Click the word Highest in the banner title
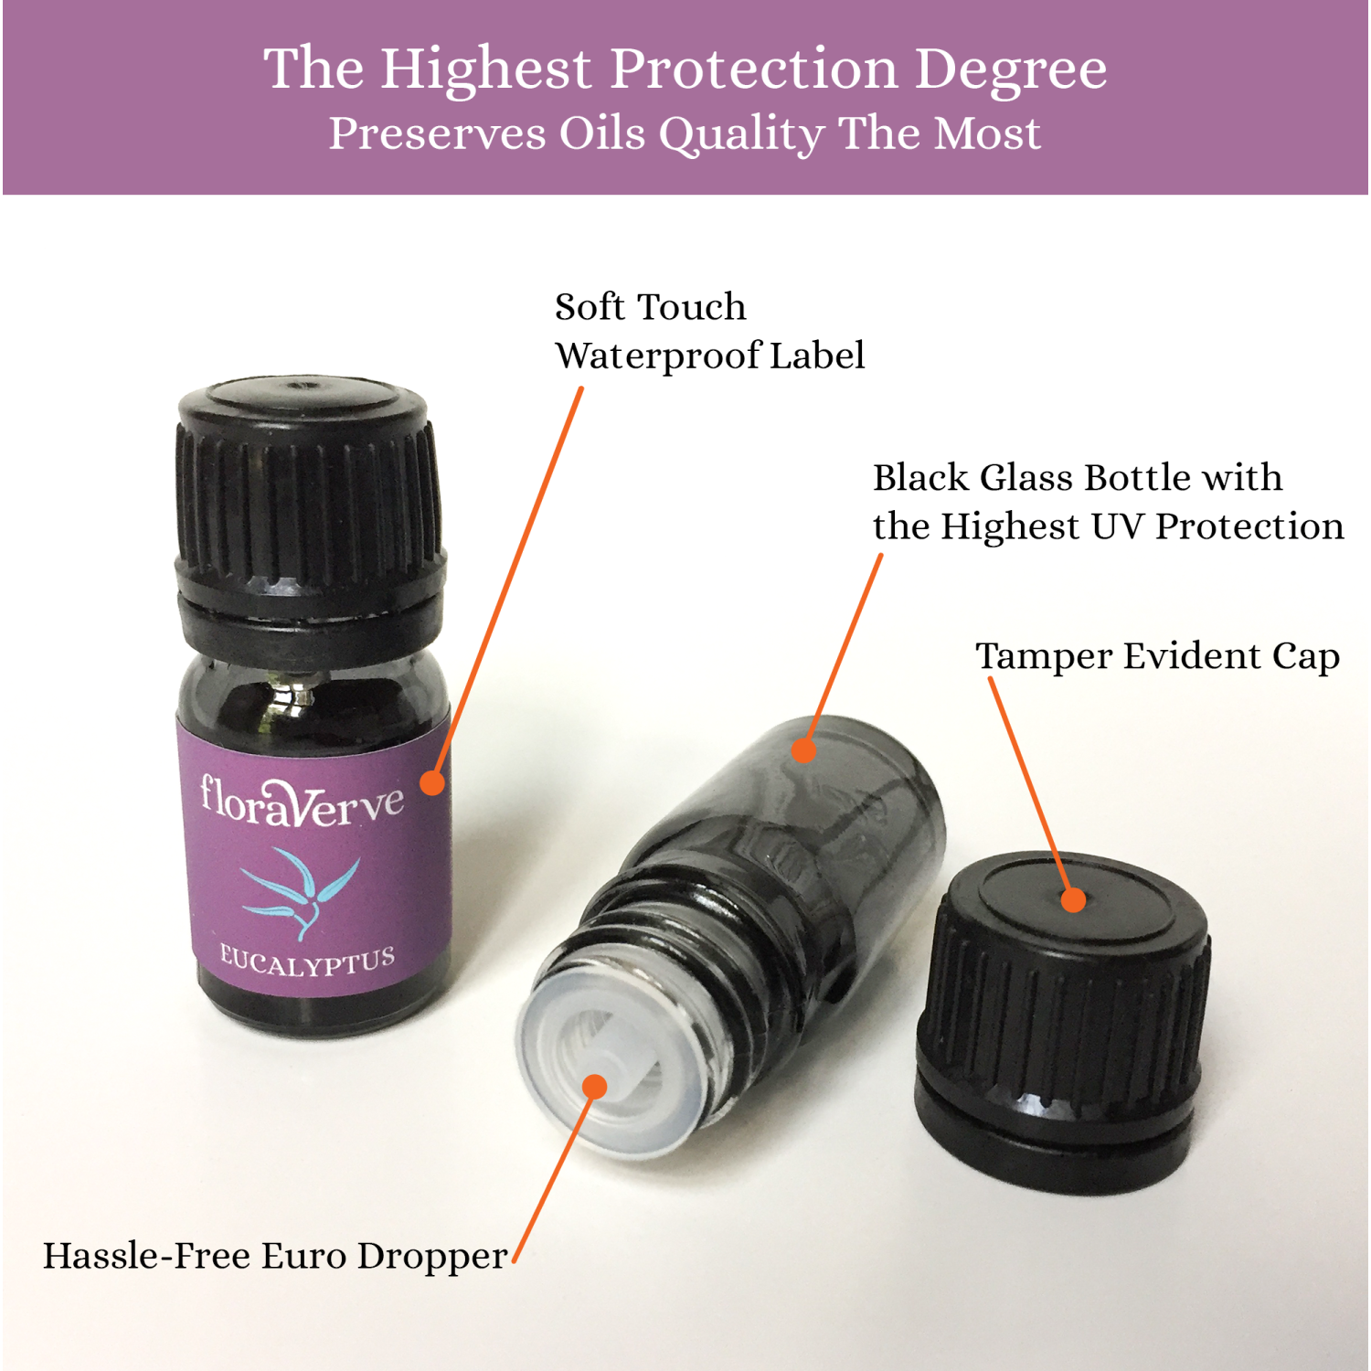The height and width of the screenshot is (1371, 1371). [487, 69]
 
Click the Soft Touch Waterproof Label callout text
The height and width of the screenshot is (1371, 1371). [709, 332]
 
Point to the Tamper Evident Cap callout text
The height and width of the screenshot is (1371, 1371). [1158, 657]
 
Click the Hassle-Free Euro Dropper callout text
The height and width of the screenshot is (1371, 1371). [275, 1257]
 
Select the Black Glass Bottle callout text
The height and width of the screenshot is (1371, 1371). [1108, 503]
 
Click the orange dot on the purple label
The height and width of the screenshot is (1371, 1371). [432, 782]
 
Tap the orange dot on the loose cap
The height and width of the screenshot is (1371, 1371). [1074, 899]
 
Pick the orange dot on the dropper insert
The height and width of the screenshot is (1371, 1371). [595, 1087]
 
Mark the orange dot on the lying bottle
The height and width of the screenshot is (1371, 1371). [803, 750]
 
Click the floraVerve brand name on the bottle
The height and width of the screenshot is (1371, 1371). [302, 802]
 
